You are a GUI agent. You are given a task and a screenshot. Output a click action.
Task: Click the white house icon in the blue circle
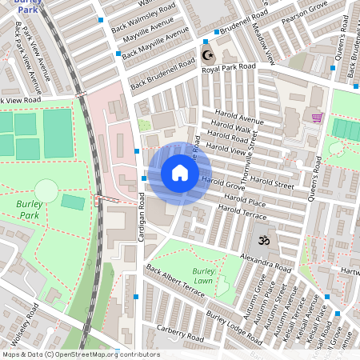[180, 173]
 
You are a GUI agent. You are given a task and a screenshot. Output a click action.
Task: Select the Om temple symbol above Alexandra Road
[262, 239]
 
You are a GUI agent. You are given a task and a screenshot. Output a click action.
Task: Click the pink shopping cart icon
[317, 118]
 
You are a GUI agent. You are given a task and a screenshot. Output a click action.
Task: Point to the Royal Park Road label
[229, 70]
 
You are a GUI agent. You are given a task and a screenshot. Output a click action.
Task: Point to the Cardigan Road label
[139, 221]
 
